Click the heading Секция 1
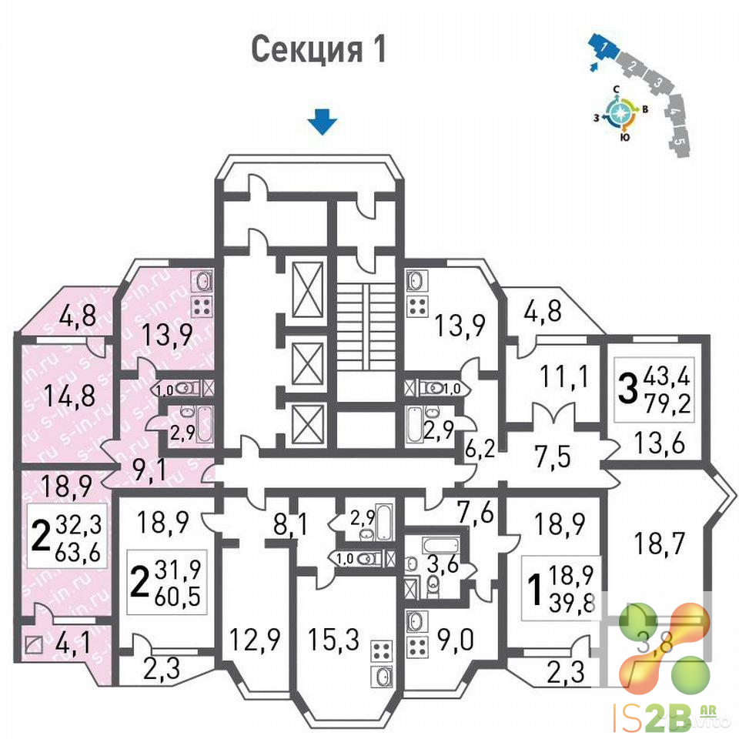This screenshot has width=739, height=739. (x=318, y=50)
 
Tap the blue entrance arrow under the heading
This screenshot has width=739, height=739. (x=323, y=122)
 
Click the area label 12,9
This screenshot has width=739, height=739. (x=254, y=639)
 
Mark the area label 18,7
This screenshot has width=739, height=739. (x=651, y=545)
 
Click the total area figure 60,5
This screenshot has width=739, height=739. (x=178, y=596)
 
